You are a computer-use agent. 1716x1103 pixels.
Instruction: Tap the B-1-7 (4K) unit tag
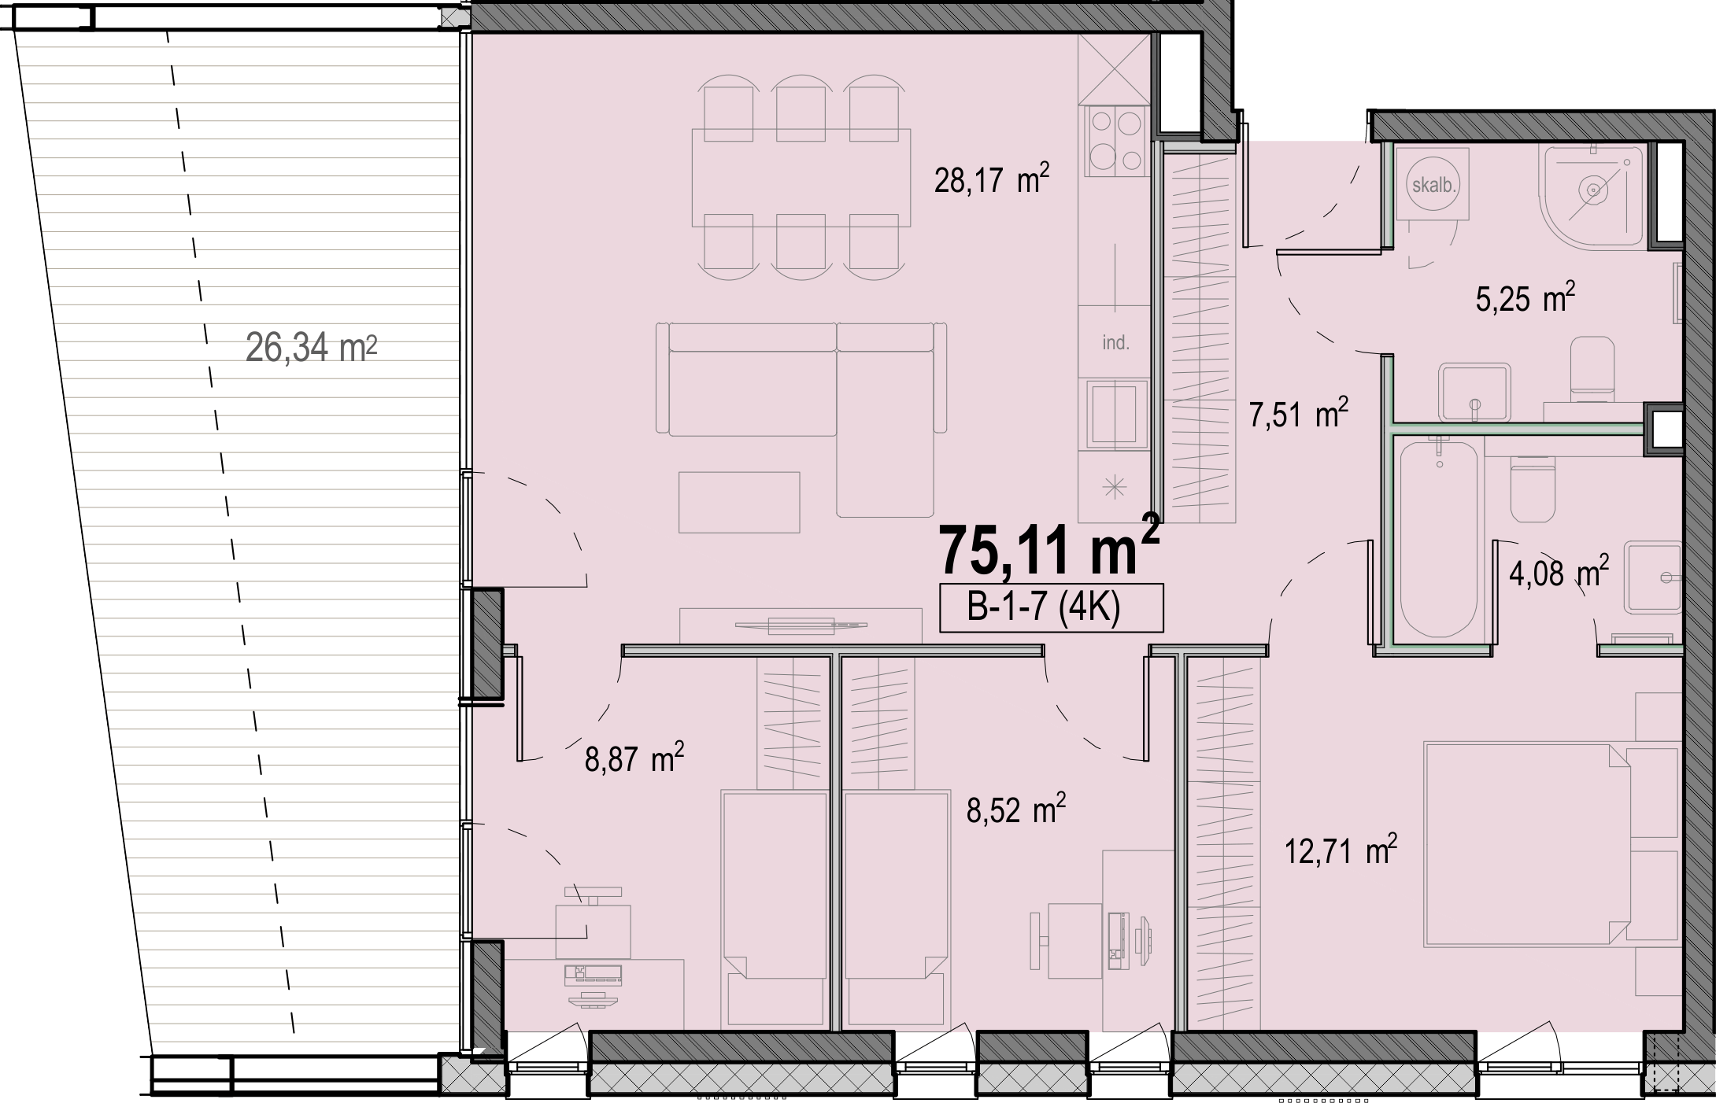click(1051, 608)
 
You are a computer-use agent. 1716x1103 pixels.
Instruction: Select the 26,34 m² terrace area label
click(312, 347)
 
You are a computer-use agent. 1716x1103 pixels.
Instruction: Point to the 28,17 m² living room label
click(992, 180)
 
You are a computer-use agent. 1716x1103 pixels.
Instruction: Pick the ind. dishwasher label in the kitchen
click(1115, 343)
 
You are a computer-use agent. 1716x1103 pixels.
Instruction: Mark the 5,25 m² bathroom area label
click(1526, 299)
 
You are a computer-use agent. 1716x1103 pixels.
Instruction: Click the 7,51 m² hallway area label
click(1299, 413)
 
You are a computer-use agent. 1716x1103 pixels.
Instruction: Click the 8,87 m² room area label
click(634, 759)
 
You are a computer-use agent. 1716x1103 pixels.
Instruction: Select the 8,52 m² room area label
click(1016, 810)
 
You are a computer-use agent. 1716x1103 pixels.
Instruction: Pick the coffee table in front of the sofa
click(739, 502)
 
